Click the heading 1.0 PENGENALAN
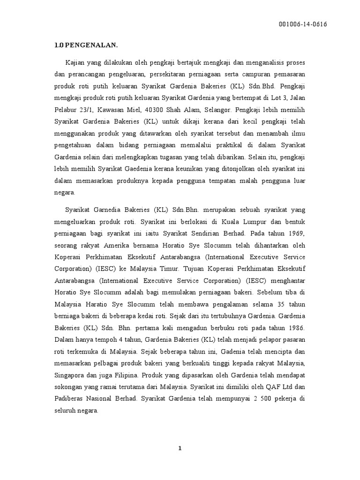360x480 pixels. coord(86,45)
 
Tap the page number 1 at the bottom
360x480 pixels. coord(180,449)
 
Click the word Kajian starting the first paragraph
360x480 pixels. coord(75,62)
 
